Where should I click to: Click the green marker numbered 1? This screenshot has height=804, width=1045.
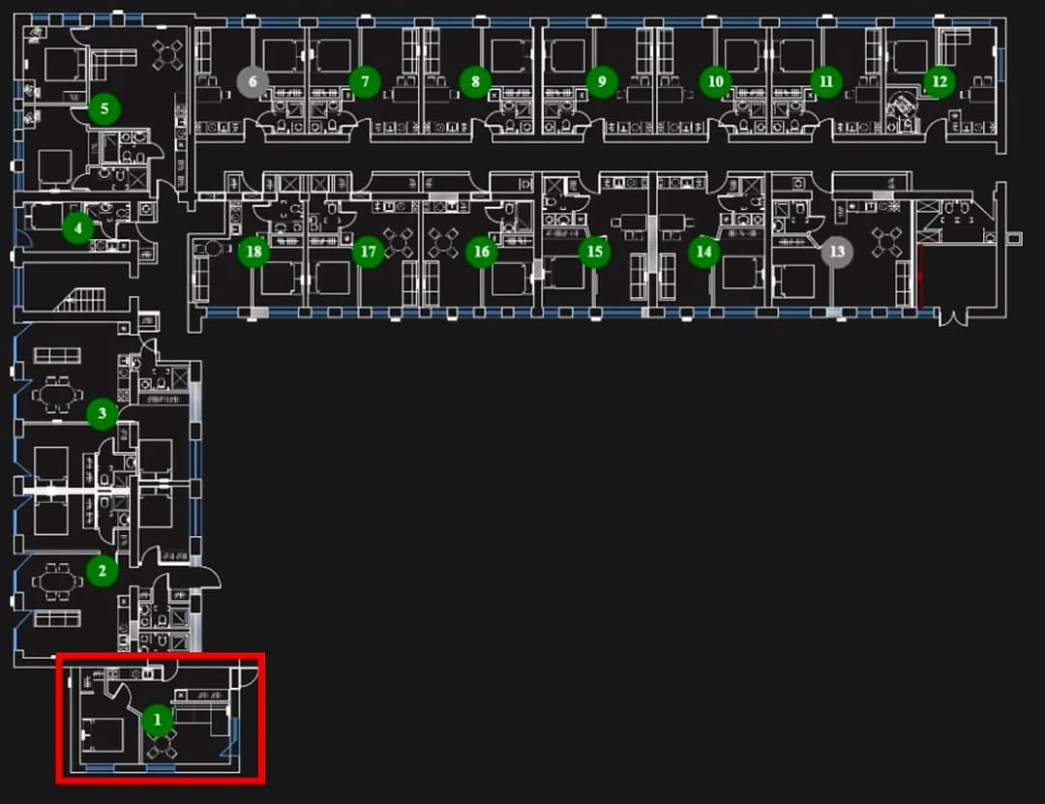click(158, 720)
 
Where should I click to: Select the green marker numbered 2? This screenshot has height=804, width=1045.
click(102, 571)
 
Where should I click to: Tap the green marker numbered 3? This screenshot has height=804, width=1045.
click(102, 413)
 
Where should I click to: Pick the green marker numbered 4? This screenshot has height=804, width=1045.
click(78, 228)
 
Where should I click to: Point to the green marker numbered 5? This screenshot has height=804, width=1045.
click(104, 108)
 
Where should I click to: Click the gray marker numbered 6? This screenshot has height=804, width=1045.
click(253, 82)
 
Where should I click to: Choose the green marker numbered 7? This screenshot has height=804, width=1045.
click(365, 82)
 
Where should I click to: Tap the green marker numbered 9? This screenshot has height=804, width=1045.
click(602, 82)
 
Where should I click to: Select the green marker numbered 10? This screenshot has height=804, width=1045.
click(715, 82)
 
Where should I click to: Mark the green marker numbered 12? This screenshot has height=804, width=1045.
click(939, 82)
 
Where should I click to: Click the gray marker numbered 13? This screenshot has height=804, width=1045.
click(837, 252)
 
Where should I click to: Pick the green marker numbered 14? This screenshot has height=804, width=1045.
click(703, 252)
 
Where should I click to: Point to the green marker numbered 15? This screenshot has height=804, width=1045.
click(594, 252)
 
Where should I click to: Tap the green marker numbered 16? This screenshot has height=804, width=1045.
click(481, 252)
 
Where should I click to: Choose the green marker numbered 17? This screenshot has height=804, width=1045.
click(368, 252)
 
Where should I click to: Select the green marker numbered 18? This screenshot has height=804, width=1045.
click(254, 252)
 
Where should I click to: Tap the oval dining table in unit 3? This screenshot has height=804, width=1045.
click(58, 395)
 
